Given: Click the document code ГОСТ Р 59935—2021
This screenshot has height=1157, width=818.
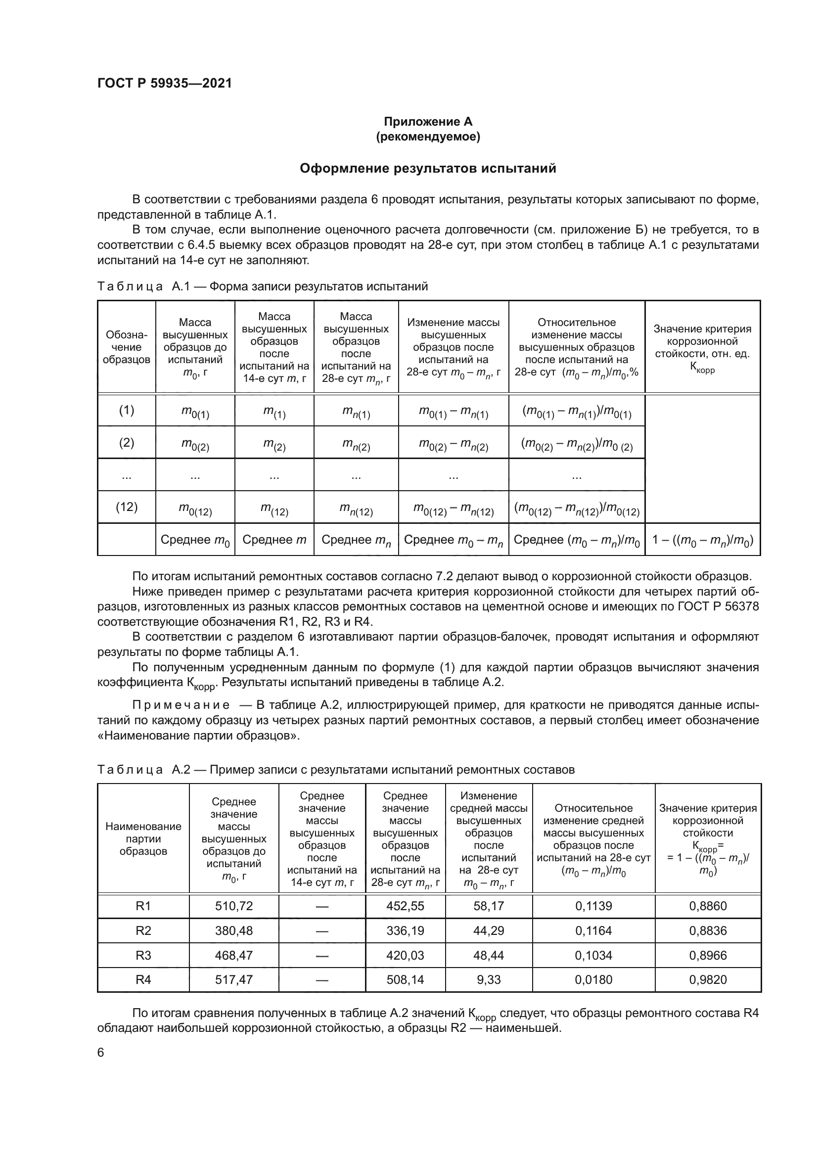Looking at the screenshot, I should tap(165, 84).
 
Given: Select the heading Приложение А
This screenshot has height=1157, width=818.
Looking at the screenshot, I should tap(428, 122).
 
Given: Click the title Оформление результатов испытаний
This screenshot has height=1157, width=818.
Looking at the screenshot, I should tap(428, 168).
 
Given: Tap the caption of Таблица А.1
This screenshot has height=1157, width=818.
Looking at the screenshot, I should tap(262, 287).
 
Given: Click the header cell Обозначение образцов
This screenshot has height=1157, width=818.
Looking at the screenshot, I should tap(127, 347).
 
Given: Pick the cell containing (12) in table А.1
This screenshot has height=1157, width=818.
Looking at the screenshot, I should tap(127, 507).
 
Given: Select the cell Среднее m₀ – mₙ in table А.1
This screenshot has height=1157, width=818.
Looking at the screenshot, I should tap(453, 540).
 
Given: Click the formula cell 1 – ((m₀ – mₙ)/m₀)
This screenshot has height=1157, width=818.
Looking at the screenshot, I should tap(702, 540).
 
